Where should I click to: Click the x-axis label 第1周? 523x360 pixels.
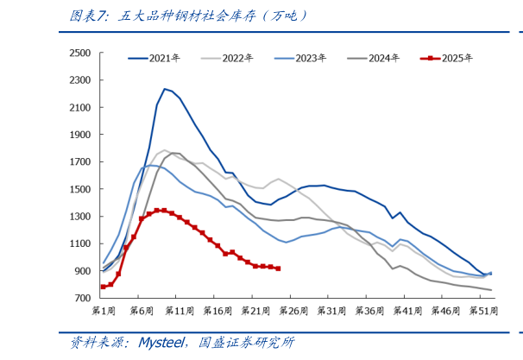[104, 310]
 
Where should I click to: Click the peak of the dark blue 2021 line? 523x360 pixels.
[164, 89]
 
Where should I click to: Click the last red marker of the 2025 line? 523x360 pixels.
[277, 268]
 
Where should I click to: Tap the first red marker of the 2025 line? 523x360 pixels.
[104, 287]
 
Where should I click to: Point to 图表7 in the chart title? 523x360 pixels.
[88, 16]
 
